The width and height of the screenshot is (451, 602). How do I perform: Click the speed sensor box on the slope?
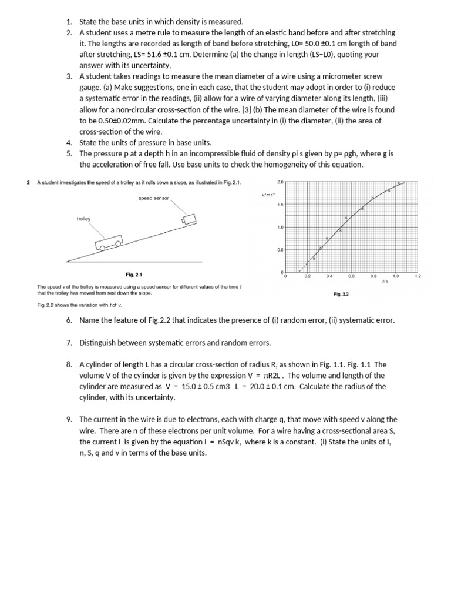(190, 219)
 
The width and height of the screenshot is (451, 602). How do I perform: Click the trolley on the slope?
(109, 243)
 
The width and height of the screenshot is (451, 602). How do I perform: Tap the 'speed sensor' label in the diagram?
(153, 198)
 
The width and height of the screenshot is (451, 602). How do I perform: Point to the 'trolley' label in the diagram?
(83, 219)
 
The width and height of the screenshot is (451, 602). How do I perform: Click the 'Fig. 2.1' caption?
(134, 275)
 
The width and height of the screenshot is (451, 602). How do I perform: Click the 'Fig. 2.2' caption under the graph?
(341, 294)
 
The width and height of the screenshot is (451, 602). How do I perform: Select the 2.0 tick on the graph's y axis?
(280, 182)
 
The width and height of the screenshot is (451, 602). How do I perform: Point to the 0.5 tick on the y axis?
(280, 250)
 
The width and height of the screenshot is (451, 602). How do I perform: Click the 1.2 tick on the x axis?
(418, 276)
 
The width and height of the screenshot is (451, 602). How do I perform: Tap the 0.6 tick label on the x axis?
(351, 276)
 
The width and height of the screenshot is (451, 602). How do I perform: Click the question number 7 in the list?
(69, 342)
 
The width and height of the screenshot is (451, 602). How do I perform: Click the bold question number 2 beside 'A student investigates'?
(29, 182)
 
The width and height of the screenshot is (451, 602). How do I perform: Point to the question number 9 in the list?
(69, 419)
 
